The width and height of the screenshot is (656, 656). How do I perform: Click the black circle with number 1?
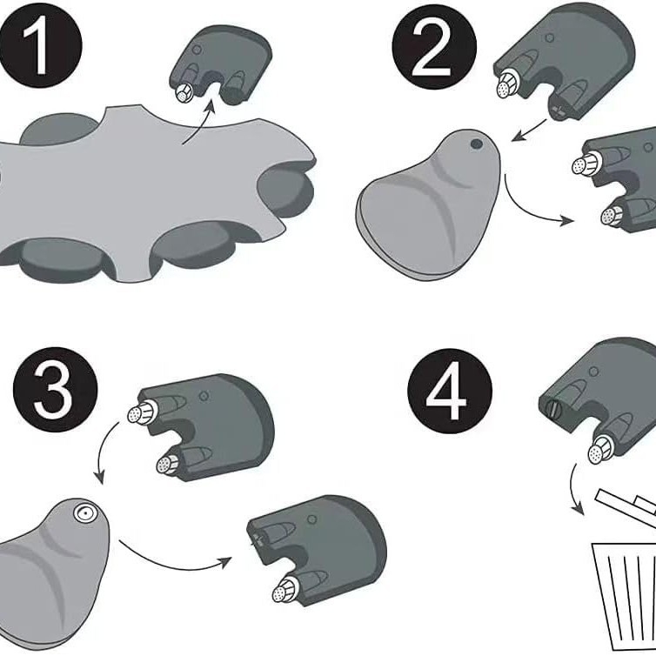coord(40,45)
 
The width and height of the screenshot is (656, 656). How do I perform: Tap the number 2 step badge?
coord(434,47)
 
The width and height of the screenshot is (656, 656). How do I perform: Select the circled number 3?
coord(55,390)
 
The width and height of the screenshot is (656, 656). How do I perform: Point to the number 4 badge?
coord(450,391)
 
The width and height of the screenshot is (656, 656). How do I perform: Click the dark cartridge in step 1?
coord(221,65)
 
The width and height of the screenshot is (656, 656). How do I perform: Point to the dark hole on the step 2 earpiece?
coord(477,144)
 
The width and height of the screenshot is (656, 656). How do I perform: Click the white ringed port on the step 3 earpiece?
coord(85,512)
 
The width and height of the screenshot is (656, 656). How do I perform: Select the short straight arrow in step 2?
coord(529,131)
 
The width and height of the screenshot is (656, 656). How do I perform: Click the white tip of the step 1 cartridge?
coord(184,93)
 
